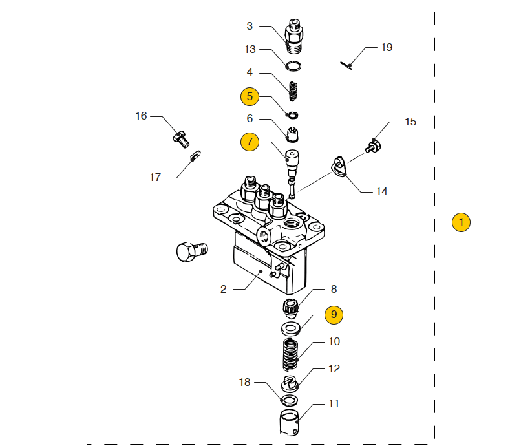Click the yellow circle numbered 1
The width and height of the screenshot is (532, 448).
coord(461,222)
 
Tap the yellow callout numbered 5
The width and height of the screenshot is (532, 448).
coord(250,97)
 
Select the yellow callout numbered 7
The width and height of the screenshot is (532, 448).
coord(250,142)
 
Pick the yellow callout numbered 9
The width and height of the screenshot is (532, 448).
coord(334,315)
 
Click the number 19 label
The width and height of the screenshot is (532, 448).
coord(387,47)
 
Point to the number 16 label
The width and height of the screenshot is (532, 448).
coord(141,116)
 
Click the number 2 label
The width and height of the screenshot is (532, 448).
coord(223,289)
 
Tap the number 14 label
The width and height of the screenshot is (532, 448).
coord(381,192)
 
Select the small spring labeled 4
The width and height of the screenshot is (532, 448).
coord(293,91)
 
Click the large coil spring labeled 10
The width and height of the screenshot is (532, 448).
coord(290,355)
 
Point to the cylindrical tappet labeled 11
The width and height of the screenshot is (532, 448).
coord(290,423)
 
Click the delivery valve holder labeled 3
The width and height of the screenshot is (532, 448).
coord(294,36)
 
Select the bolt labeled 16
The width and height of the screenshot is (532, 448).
coord(181,139)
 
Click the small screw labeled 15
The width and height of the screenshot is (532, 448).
coord(373,147)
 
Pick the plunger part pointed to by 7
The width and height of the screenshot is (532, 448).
coord(292,173)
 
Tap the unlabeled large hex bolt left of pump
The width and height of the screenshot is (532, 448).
coord(192,252)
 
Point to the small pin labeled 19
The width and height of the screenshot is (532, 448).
coord(346,65)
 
